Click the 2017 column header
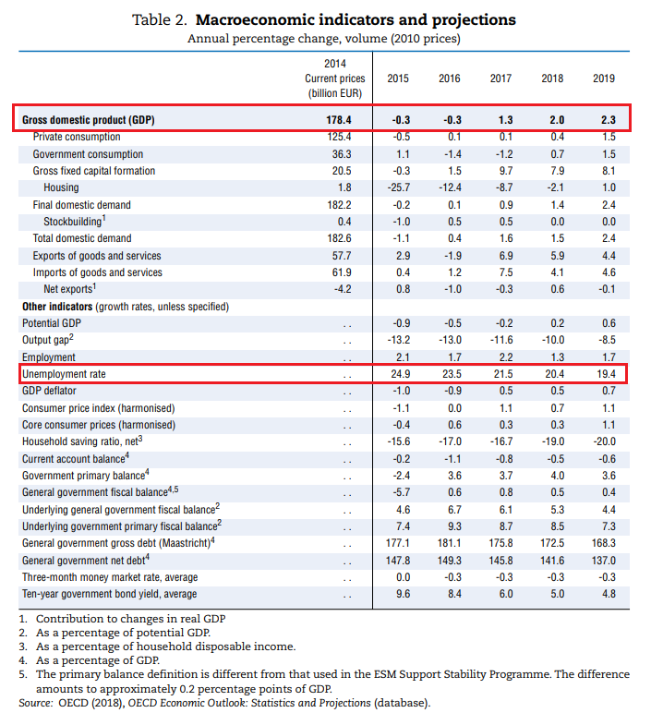500,79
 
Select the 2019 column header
604,79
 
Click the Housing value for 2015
399,187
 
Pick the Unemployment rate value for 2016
452,374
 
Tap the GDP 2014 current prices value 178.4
339,120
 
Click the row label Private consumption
77,137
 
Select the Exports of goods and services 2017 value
506,256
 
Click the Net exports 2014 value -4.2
343,289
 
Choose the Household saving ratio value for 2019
604,441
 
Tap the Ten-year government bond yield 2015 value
404,594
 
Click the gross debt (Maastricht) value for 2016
450,543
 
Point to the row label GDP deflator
49,392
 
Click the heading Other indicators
57,307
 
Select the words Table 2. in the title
160,20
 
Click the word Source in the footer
35,703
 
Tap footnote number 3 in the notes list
23,646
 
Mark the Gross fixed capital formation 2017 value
506,171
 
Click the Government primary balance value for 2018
557,476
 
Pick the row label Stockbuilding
75,221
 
